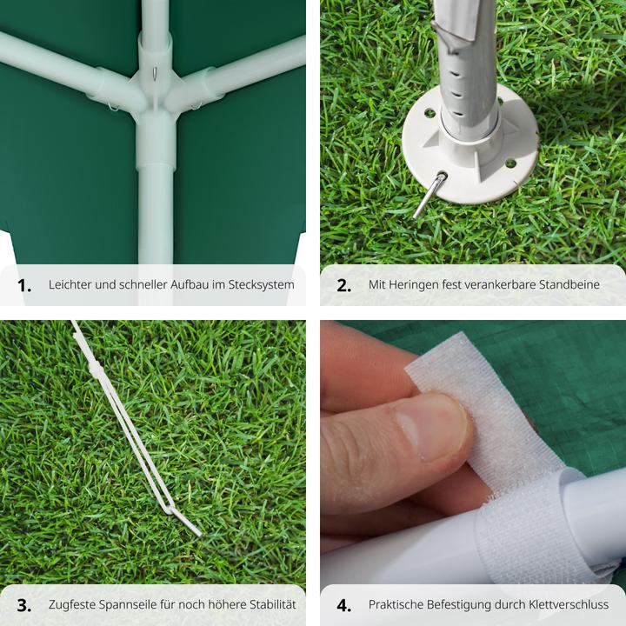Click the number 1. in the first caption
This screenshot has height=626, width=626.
(x=24, y=285)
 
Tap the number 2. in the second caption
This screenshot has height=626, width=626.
(x=344, y=285)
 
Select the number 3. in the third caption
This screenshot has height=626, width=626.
(x=24, y=605)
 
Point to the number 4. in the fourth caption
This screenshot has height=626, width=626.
(x=344, y=605)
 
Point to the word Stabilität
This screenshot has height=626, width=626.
(x=272, y=604)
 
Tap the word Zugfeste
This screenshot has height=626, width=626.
(x=72, y=605)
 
